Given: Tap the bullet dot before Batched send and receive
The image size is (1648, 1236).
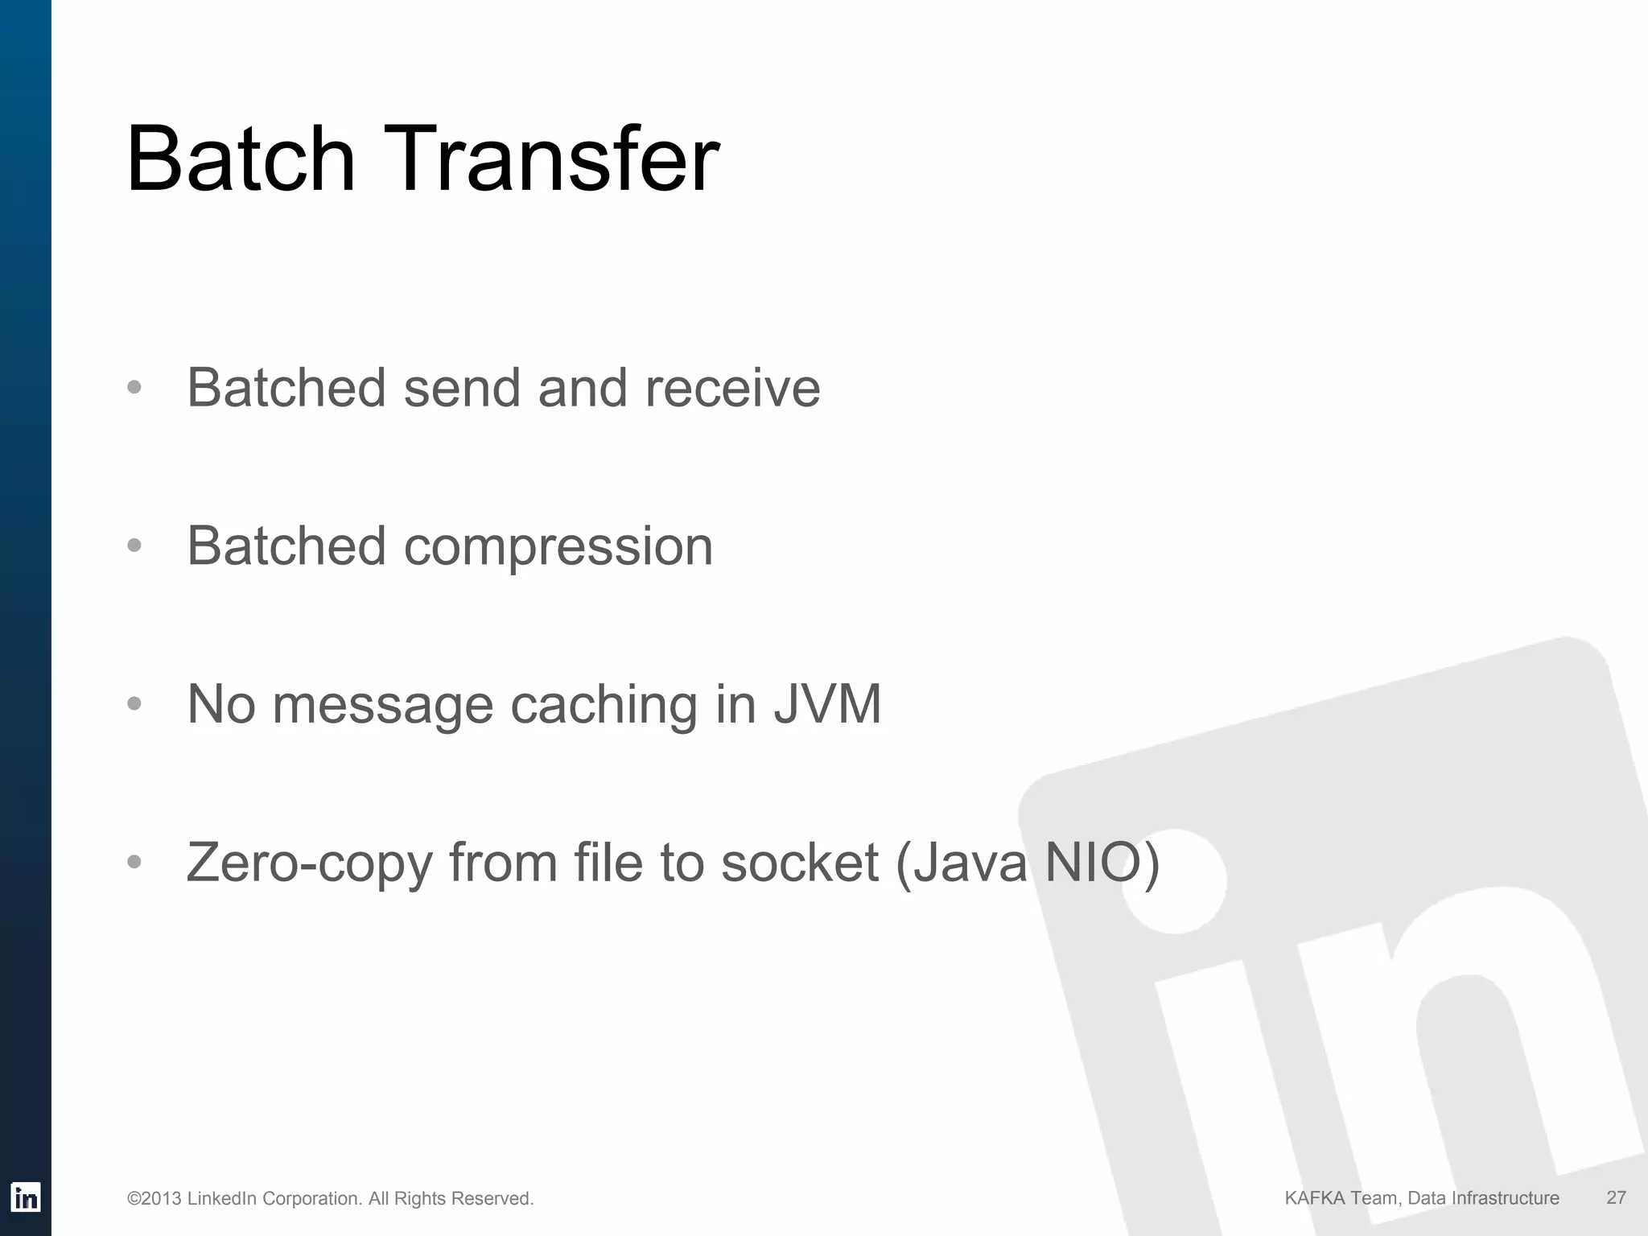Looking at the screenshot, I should [x=134, y=388].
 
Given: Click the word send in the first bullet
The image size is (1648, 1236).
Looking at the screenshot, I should [x=462, y=388].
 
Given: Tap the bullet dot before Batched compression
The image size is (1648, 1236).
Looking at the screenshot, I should [x=134, y=546].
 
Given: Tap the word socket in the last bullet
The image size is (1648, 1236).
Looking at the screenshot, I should [x=799, y=863].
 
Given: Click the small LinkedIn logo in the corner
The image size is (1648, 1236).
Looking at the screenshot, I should [x=26, y=1198].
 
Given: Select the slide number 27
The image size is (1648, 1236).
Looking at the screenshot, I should [x=1616, y=1198].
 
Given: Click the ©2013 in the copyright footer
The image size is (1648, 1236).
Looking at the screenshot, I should [x=154, y=1199].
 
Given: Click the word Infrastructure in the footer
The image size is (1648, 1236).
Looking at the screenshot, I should [x=1505, y=1198].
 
